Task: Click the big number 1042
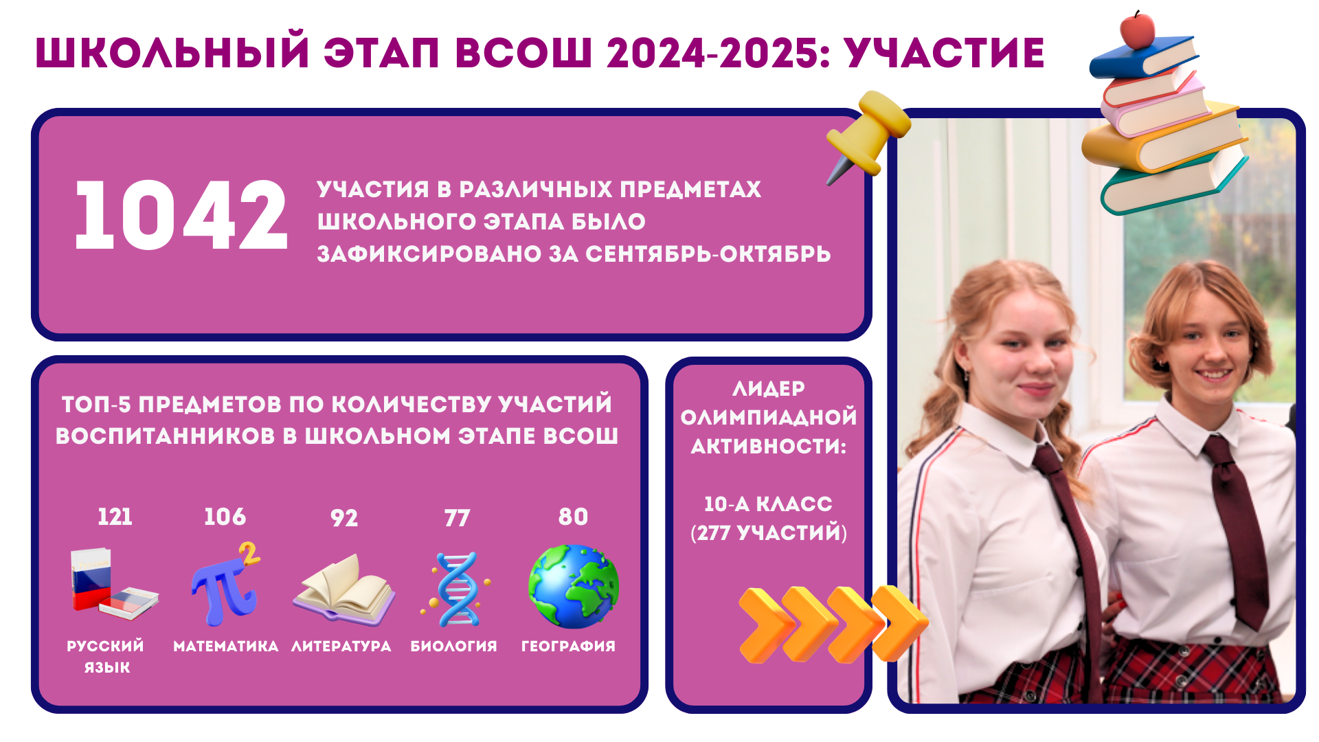pyautogui.click(x=181, y=215)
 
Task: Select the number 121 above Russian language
pyautogui.click(x=115, y=517)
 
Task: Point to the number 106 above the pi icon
pyautogui.click(x=225, y=517)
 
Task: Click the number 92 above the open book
pyautogui.click(x=344, y=517)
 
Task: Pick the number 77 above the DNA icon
pyautogui.click(x=457, y=517)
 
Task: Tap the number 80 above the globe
pyautogui.click(x=573, y=517)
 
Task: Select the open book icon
pyautogui.click(x=343, y=589)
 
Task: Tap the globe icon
pyautogui.click(x=574, y=586)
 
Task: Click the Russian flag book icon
pyautogui.click(x=113, y=584)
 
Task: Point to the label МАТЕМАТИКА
pyautogui.click(x=225, y=647)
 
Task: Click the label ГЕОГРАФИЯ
pyautogui.click(x=568, y=647)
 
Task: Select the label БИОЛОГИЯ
pyautogui.click(x=453, y=647)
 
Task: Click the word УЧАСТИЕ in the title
pyautogui.click(x=945, y=53)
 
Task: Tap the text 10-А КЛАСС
pyautogui.click(x=768, y=504)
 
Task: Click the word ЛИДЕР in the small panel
pyautogui.click(x=769, y=390)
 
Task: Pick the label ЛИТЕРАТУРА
pyautogui.click(x=341, y=647)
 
